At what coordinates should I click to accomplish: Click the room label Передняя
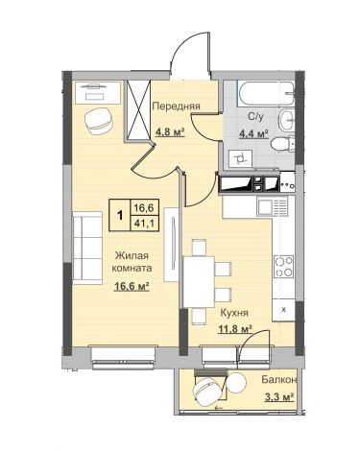tap(176, 106)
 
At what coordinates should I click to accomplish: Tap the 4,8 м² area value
tap(171, 131)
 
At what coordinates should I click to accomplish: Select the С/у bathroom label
tap(255, 117)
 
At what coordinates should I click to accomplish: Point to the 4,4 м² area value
tap(253, 133)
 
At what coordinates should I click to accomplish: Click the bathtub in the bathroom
tap(265, 93)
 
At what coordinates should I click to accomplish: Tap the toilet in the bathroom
tap(283, 144)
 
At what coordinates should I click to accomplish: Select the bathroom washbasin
tap(286, 120)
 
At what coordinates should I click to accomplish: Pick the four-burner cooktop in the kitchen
tap(283, 266)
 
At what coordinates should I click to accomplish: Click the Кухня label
tap(234, 313)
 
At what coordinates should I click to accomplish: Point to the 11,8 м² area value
tap(235, 328)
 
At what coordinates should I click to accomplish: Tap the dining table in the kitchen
tap(199, 282)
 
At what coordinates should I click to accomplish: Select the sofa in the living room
tap(87, 248)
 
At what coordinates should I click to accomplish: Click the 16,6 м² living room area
tap(132, 286)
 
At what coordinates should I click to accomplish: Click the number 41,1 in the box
tap(144, 223)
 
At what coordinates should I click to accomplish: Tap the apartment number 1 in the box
tap(120, 216)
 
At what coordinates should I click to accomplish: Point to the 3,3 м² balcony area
tap(279, 397)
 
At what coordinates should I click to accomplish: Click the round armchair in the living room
tap(99, 121)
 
